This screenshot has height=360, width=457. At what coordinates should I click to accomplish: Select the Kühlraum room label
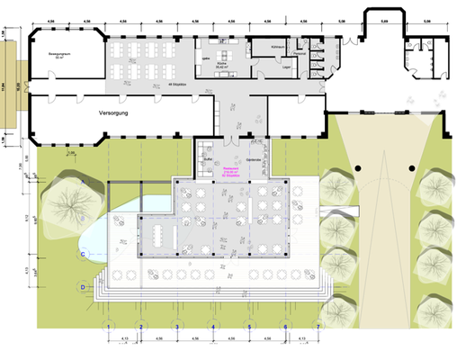280,47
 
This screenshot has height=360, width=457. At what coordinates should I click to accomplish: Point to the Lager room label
285,67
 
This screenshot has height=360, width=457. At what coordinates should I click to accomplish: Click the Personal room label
304,55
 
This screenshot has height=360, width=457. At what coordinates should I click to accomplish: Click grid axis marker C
83,256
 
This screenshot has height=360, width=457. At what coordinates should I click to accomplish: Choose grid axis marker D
83,287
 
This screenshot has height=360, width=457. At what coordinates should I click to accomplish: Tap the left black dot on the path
358,168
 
